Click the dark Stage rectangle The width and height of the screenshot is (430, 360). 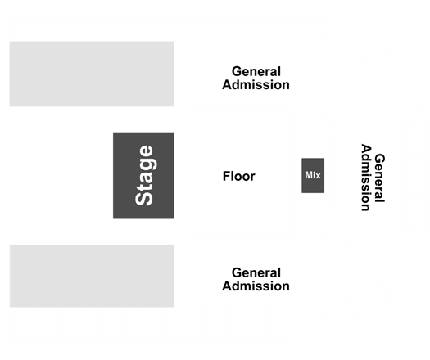[143, 175]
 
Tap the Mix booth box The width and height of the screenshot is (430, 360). [313, 175]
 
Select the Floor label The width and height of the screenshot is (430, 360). [239, 176]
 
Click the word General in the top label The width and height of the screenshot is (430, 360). [256, 71]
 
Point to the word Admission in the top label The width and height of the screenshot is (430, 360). [256, 84]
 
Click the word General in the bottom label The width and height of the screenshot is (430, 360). [256, 273]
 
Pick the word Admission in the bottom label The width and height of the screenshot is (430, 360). [256, 286]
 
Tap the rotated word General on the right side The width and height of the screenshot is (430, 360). [379, 178]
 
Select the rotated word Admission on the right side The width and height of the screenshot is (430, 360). [366, 178]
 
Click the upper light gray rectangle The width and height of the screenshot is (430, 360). [92, 74]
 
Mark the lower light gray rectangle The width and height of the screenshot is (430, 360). [92, 277]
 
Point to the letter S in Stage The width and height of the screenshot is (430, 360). [143, 196]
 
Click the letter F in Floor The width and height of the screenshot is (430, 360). [226, 176]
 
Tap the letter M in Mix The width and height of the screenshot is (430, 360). [309, 175]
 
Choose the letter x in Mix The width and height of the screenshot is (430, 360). [318, 176]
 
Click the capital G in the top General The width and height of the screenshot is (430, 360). [237, 71]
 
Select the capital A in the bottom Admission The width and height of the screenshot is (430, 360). [227, 286]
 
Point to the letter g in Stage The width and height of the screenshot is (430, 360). [148, 164]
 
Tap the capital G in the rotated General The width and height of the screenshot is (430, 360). [380, 159]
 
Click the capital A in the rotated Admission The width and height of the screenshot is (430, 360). [366, 149]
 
